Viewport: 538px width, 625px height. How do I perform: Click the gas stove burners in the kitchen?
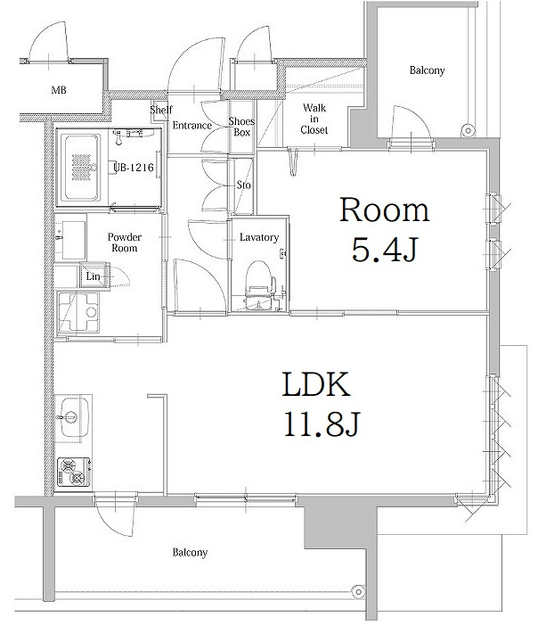click(x=74, y=473)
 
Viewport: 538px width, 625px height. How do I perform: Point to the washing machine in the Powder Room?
click(x=78, y=312)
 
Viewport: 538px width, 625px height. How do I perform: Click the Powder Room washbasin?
click(x=71, y=237)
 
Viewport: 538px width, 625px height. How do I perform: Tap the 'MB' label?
click(x=59, y=90)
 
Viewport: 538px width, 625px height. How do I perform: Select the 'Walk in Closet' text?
click(x=314, y=119)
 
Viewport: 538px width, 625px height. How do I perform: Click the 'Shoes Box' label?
click(x=241, y=127)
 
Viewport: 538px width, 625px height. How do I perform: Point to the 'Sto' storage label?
click(x=244, y=185)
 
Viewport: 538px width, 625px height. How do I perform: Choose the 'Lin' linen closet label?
click(x=93, y=276)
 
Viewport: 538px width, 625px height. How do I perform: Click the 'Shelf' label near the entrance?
click(x=161, y=109)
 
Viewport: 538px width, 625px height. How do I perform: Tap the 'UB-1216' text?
click(x=134, y=168)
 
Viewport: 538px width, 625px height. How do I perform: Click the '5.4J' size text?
click(x=385, y=251)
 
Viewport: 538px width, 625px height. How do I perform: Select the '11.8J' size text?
click(x=321, y=424)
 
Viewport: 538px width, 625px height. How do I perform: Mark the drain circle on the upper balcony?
click(x=469, y=130)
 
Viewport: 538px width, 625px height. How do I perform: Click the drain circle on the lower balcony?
click(x=358, y=592)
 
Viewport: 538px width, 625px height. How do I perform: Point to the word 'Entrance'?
click(x=192, y=125)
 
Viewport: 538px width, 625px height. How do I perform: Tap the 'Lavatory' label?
click(x=259, y=237)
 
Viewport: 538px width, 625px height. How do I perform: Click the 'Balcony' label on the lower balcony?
click(x=190, y=553)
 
